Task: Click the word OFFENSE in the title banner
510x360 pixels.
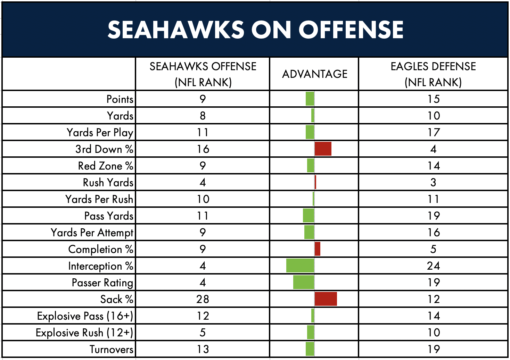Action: point(351,30)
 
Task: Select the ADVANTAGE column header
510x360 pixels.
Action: point(315,74)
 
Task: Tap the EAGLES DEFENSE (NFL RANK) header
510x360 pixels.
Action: point(433,74)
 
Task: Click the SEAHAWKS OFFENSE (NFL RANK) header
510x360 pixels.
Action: point(203,74)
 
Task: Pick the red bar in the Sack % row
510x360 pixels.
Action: point(326,299)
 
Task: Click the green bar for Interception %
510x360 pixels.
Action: point(300,265)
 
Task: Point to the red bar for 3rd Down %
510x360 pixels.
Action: point(323,149)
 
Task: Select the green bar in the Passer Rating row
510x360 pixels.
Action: point(304,282)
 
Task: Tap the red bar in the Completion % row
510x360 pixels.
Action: point(318,249)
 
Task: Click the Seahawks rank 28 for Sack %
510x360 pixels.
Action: point(203,299)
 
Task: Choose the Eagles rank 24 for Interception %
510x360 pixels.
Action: point(433,266)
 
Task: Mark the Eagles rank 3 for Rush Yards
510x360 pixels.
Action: point(433,182)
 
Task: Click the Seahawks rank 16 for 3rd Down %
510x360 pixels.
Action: point(203,149)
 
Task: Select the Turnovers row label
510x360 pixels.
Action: point(111,349)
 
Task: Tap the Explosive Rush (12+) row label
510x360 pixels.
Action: point(84,333)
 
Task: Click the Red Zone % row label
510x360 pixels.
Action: point(106,166)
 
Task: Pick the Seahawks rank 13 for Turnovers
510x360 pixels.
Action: point(203,349)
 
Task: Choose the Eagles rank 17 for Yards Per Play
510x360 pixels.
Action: point(433,132)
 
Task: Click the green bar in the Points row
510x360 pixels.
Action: point(310,99)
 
